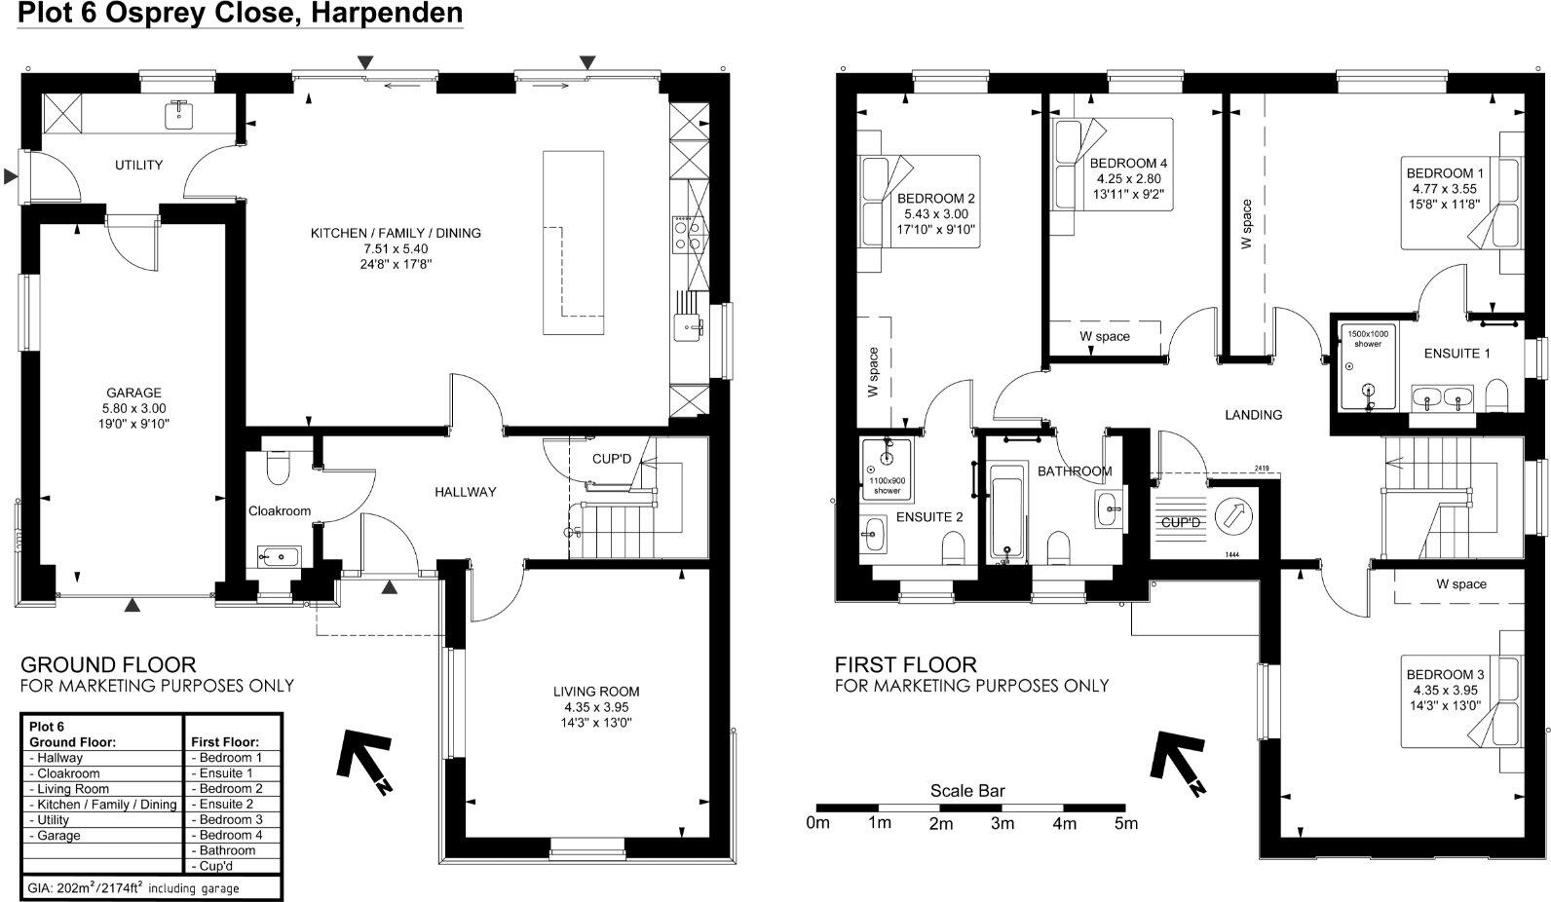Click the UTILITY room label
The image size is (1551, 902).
pos(138,165)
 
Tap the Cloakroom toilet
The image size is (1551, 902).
pos(278,467)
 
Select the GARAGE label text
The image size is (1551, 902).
pos(133,393)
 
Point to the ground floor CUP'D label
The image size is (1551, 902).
pos(612,459)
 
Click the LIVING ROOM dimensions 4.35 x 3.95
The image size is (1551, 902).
pos(596,707)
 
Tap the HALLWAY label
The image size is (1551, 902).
pos(465,492)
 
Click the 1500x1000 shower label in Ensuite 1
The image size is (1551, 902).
pos(1369,338)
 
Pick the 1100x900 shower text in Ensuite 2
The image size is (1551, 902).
pos(887,485)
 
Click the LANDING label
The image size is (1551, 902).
pos(1253,415)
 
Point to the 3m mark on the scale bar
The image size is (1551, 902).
pos(1002,823)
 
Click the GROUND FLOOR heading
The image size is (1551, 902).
pos(108,665)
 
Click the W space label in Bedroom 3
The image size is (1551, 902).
pos(1460,584)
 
